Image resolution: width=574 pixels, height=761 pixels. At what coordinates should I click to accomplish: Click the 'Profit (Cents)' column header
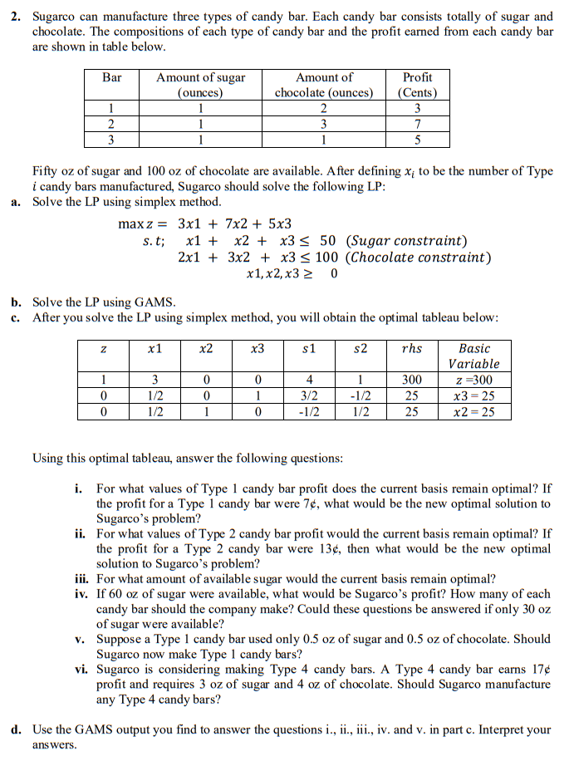tap(417, 85)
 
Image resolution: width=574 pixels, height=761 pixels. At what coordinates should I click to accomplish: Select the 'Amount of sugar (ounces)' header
tap(201, 85)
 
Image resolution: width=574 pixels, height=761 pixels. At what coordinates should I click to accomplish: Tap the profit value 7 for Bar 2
tap(417, 123)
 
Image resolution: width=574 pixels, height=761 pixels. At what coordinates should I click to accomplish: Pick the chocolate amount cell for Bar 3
tap(324, 138)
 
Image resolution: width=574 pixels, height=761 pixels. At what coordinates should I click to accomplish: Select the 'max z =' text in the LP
tap(142, 224)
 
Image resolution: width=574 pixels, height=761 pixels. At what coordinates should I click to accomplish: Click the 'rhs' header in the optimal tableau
tap(411, 349)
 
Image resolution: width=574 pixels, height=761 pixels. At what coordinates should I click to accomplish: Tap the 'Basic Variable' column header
tap(473, 356)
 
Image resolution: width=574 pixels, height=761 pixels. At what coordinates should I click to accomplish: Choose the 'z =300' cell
tap(473, 380)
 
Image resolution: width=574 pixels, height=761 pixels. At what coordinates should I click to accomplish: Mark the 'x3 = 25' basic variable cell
tap(473, 395)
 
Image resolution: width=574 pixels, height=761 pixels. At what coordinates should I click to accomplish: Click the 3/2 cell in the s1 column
tap(309, 395)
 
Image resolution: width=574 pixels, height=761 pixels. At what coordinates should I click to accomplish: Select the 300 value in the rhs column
tap(411, 380)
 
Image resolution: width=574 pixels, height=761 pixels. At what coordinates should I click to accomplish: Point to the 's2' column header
tap(360, 349)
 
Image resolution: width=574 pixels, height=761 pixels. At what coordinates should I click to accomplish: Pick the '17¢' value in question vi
tap(539, 669)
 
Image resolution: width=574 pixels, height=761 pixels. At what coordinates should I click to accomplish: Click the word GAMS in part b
tap(155, 302)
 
